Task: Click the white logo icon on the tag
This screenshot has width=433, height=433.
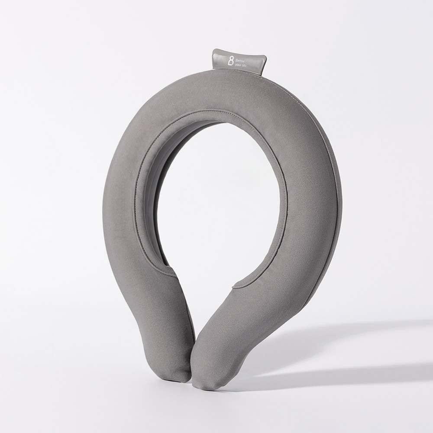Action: [x=231, y=61]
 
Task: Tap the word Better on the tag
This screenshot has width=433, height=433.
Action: [x=240, y=60]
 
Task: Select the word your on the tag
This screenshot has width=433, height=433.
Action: [x=238, y=65]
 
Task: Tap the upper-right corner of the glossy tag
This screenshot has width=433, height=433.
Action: [x=266, y=55]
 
